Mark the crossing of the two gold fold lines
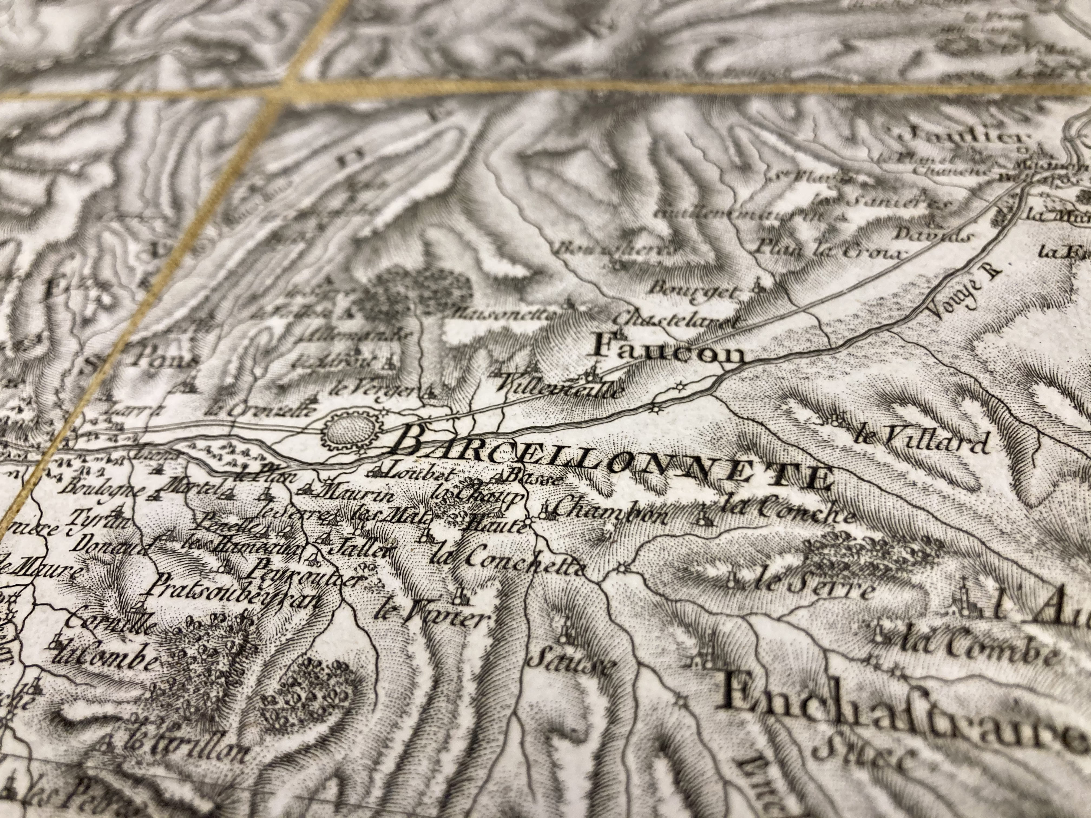coord(288,89)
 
